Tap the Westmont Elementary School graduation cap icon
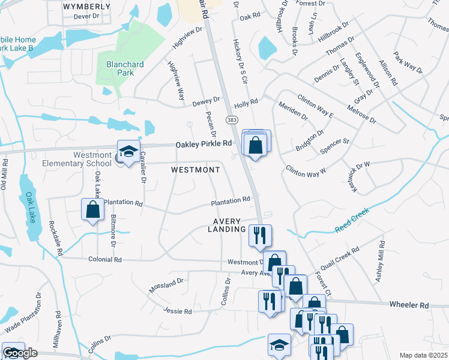click(x=128, y=152)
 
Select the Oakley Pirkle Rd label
click(x=203, y=144)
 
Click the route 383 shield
click(x=232, y=121)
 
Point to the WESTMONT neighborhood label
click(x=196, y=170)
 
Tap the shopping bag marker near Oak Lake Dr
click(x=92, y=210)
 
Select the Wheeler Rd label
click(x=408, y=305)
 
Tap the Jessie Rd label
click(x=177, y=311)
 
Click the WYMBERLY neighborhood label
click(x=86, y=7)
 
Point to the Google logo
click(x=19, y=353)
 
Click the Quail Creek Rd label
click(x=340, y=259)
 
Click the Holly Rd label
click(x=246, y=102)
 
